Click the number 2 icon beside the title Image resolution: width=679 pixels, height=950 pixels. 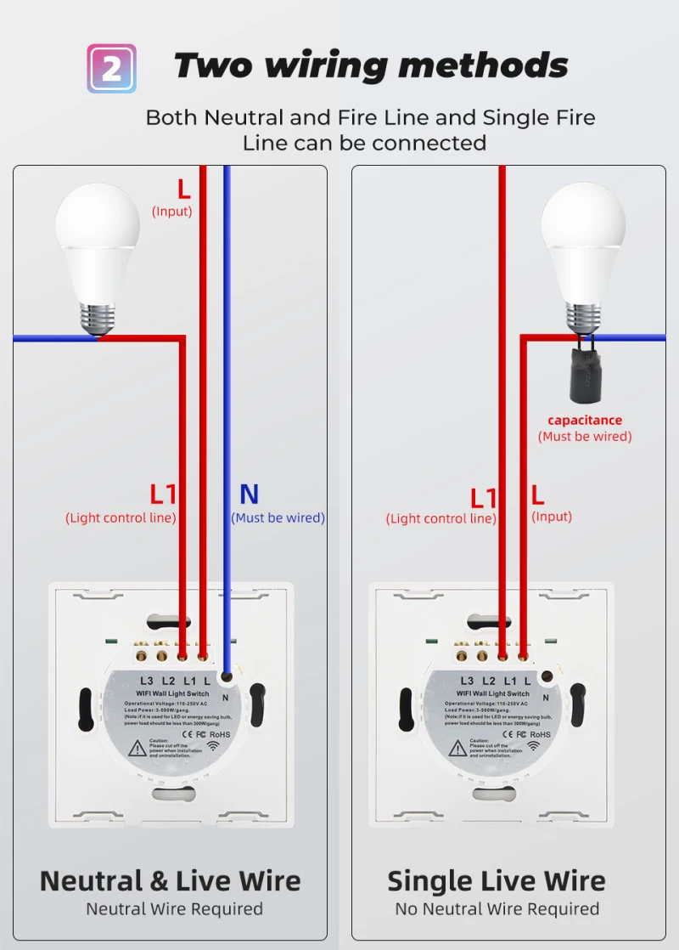(111, 68)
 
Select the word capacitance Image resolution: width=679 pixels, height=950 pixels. (585, 420)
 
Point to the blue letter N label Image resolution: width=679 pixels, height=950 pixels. (249, 495)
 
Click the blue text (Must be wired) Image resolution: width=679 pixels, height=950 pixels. (278, 517)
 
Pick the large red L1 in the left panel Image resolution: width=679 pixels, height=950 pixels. (163, 495)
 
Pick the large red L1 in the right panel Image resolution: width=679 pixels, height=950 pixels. (484, 498)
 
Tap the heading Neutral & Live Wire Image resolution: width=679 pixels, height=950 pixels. (170, 880)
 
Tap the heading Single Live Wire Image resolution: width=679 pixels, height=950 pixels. (497, 880)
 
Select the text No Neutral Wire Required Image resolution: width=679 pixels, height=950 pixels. (497, 909)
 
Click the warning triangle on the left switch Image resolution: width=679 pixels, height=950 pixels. (137, 748)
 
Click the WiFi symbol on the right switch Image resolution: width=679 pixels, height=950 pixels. (534, 746)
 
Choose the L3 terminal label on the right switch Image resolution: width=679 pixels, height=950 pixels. (467, 681)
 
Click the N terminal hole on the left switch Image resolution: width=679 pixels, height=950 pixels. (226, 677)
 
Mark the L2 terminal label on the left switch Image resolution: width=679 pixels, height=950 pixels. (168, 681)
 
